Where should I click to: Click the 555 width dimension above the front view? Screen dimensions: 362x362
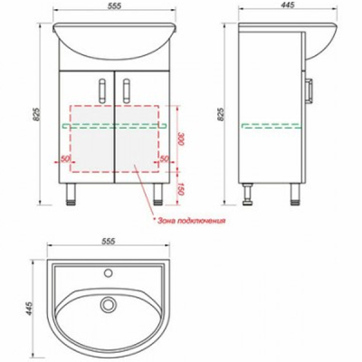(x=114, y=6)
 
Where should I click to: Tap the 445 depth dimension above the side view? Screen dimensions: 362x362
(x=287, y=5)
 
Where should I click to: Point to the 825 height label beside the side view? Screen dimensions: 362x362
(x=221, y=114)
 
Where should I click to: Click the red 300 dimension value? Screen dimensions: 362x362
(x=180, y=138)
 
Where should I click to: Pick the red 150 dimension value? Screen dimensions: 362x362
(x=180, y=189)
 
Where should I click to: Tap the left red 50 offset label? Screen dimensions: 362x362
(x=65, y=158)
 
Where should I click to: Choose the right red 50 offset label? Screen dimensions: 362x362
(x=164, y=158)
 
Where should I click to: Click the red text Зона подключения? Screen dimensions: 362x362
(x=191, y=221)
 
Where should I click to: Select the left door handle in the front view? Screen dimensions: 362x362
(x=102, y=90)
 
